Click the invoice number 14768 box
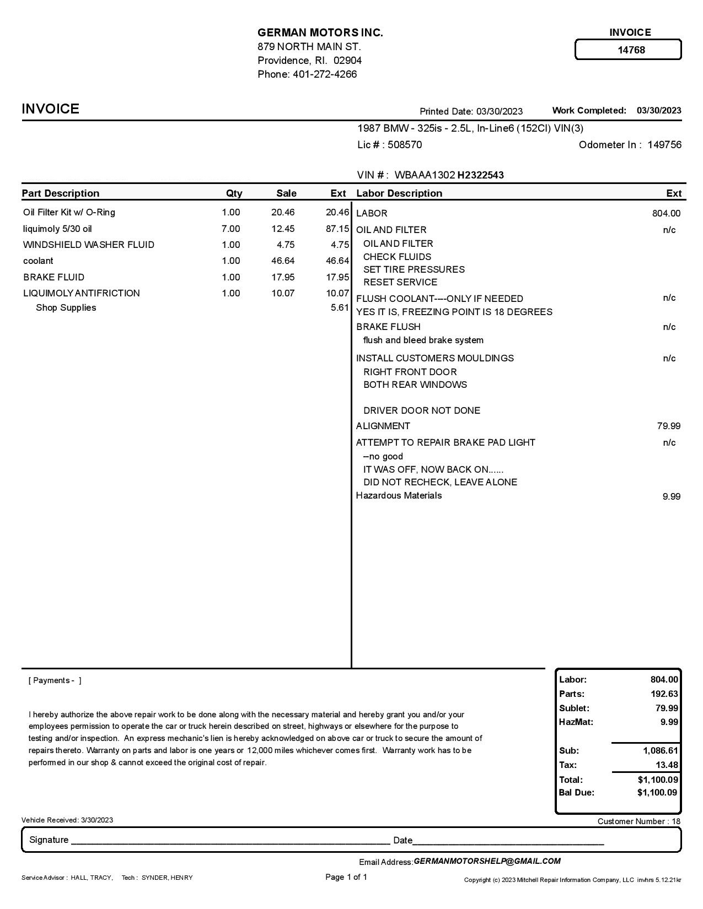point(628,50)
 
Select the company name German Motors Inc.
point(320,33)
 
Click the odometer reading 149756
point(664,145)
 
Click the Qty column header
point(234,193)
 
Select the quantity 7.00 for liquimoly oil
point(230,229)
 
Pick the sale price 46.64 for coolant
point(283,261)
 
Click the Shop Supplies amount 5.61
point(340,307)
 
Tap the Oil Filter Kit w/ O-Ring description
point(69,212)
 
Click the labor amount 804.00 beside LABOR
point(666,213)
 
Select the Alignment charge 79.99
point(668,426)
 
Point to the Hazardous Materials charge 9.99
point(671,496)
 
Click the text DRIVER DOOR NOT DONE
point(421,410)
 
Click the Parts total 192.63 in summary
point(664,694)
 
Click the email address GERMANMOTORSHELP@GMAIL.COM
point(487,861)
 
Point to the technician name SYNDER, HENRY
point(167,878)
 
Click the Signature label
point(49,840)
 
